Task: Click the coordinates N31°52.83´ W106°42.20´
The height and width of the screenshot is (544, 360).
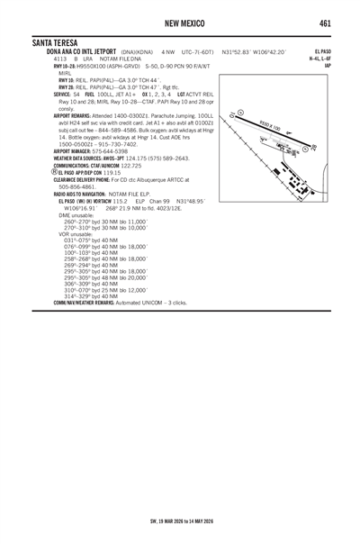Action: point(254,52)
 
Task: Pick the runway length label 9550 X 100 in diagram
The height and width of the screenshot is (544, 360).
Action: point(269,128)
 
